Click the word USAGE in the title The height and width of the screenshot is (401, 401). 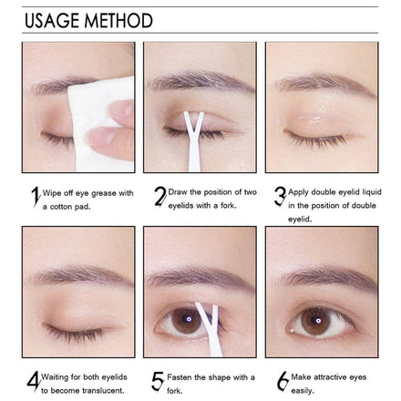[x=52, y=21]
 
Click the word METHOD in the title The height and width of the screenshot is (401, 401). [x=118, y=21]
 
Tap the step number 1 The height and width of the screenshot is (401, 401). [x=36, y=197]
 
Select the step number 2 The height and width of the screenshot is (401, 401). [x=160, y=196]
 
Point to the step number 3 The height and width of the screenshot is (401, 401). [x=280, y=196]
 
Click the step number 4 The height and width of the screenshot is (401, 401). [x=34, y=381]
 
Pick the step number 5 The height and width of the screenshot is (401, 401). [x=158, y=381]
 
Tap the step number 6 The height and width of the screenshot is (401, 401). [x=283, y=381]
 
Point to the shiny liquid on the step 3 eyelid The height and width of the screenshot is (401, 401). [x=310, y=118]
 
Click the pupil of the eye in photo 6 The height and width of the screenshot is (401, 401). [x=318, y=321]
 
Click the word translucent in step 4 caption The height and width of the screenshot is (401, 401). [x=103, y=390]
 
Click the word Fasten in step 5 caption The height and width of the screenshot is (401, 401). [x=180, y=377]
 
